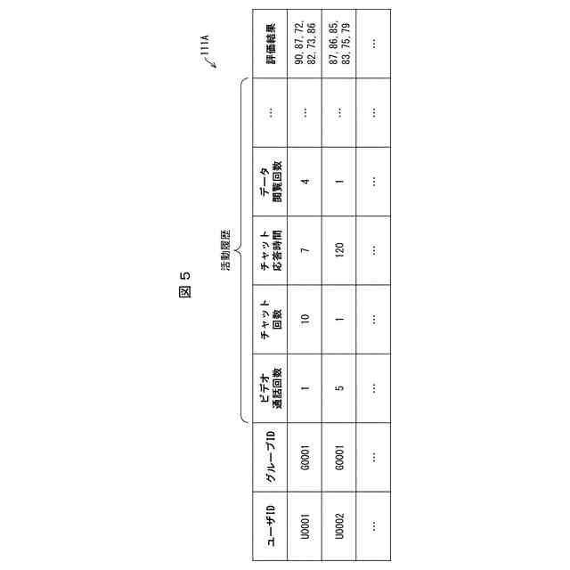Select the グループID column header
(269, 458)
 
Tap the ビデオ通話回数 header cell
(269, 388)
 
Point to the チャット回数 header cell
(269, 319)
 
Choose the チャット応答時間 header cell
(269, 250)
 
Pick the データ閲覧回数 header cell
(269, 181)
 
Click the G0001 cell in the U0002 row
(339, 458)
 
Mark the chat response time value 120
(339, 250)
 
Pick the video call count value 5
(339, 388)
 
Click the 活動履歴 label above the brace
(226, 250)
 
